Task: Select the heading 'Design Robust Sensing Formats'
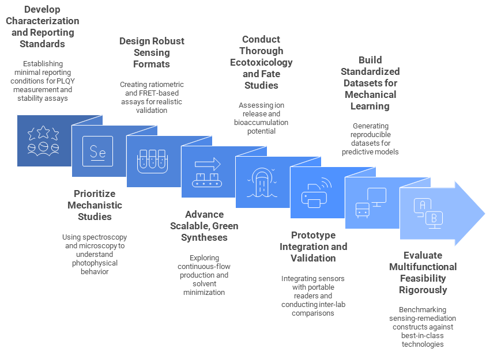(152, 52)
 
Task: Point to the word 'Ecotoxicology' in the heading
(261, 62)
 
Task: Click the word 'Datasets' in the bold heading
(370, 83)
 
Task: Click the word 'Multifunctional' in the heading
(422, 267)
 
